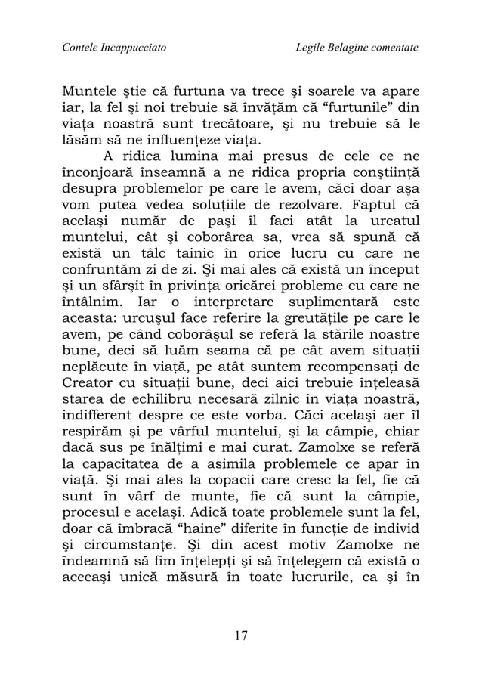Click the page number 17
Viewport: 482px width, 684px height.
coord(240,635)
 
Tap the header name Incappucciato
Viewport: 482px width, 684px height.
coord(133,48)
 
